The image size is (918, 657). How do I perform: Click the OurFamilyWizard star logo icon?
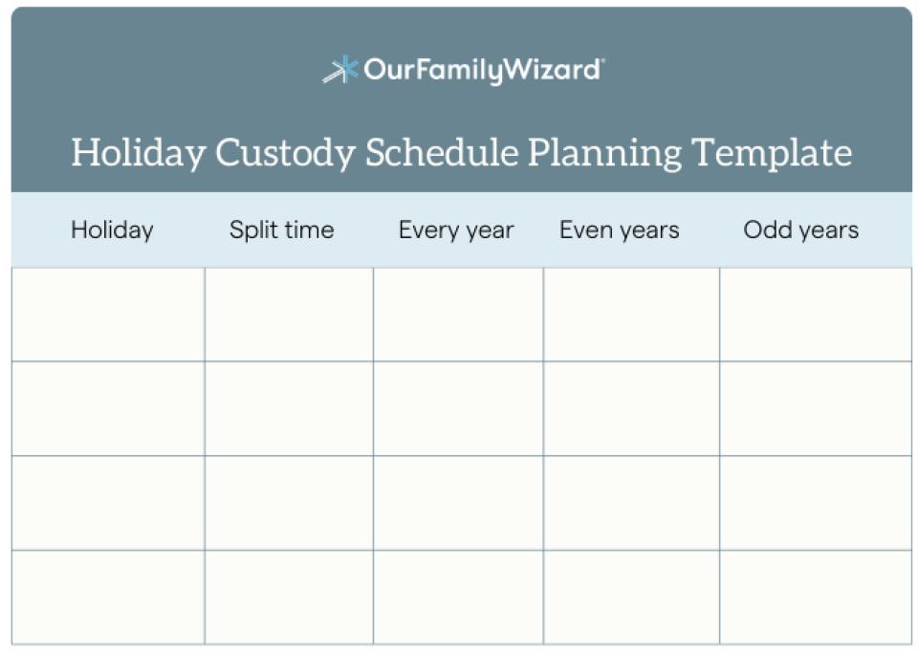click(x=340, y=70)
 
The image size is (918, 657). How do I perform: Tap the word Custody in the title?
click(x=284, y=153)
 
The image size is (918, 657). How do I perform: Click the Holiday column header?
click(x=112, y=230)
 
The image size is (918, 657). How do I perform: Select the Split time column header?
click(x=281, y=230)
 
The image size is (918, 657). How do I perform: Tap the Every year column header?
click(x=456, y=230)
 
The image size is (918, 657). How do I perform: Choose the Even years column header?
click(x=620, y=230)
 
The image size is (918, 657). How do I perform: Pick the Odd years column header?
click(x=801, y=230)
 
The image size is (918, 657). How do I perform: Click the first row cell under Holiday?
click(x=108, y=315)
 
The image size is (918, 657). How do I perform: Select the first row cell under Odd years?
click(x=815, y=315)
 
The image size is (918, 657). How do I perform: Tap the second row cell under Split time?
click(x=289, y=408)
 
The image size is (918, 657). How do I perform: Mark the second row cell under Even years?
click(x=631, y=408)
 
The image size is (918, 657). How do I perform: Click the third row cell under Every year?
click(x=458, y=503)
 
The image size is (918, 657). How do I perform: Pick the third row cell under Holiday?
click(x=108, y=503)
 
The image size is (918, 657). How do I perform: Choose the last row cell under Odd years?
click(x=815, y=597)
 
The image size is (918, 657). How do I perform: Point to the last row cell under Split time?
click(x=289, y=597)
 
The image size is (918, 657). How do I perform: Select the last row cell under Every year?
click(x=458, y=597)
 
